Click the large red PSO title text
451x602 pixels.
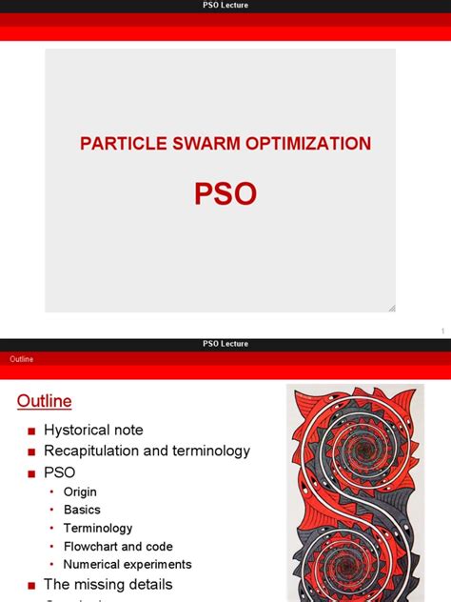tap(225, 193)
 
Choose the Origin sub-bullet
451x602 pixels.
tap(80, 492)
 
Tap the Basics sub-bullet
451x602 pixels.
tap(82, 510)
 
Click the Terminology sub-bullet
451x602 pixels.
tap(98, 528)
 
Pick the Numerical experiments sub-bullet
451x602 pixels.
tap(127, 564)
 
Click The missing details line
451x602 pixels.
tap(108, 584)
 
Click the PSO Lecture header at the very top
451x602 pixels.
tap(225, 6)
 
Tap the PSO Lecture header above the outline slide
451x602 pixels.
tap(225, 344)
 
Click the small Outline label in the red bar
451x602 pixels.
tap(22, 359)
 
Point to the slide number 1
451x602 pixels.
tap(442, 331)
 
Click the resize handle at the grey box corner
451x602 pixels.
tap(391, 308)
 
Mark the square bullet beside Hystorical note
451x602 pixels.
tap(31, 431)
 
